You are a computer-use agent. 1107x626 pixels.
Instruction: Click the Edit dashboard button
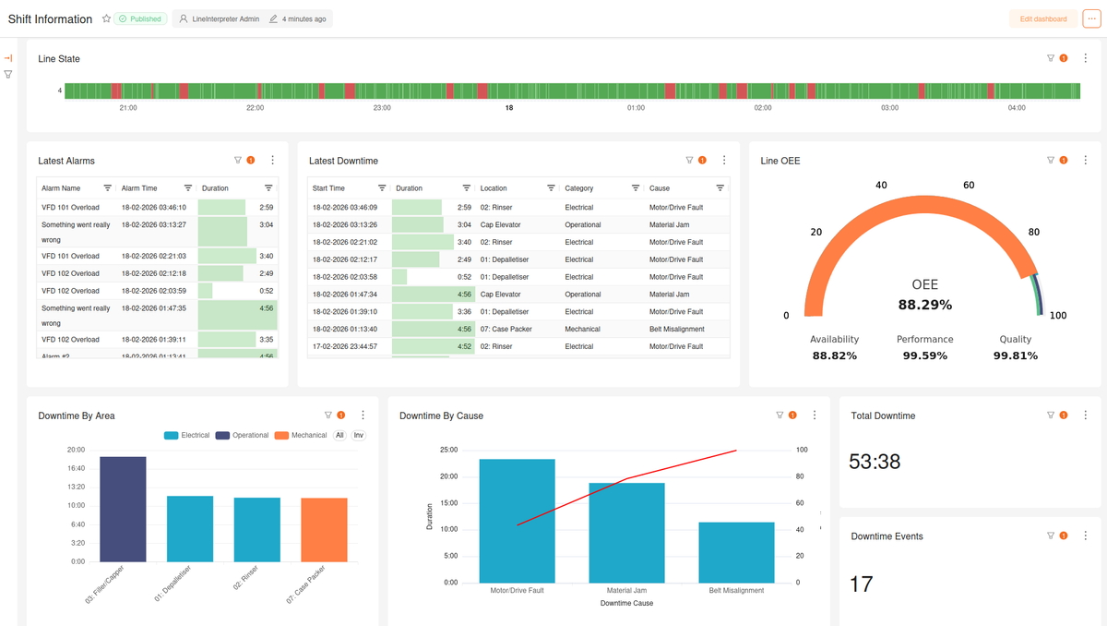[1043, 18]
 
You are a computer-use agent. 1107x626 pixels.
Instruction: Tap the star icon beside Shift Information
[106, 18]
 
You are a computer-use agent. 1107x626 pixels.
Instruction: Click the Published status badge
[139, 18]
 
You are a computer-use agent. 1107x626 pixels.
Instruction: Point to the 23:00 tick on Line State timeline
[382, 108]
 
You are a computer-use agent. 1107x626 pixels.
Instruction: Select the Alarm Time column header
[139, 188]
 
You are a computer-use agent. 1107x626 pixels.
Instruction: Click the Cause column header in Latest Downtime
[660, 188]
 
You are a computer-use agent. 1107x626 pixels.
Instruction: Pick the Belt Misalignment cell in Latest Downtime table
[676, 329]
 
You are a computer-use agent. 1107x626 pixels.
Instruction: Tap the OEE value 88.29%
[924, 305]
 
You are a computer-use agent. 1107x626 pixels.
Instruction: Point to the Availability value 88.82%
[834, 355]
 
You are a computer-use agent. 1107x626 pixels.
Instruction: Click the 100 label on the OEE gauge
[1058, 316]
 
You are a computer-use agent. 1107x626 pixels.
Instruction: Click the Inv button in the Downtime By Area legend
[358, 435]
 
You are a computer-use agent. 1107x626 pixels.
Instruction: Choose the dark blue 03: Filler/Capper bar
[123, 509]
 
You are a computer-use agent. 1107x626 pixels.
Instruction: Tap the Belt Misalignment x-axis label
[736, 590]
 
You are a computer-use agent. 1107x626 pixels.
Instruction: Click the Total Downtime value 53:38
[875, 462]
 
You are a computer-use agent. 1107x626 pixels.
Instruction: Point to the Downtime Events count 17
[861, 584]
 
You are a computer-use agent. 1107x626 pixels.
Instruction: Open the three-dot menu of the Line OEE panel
[1086, 161]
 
